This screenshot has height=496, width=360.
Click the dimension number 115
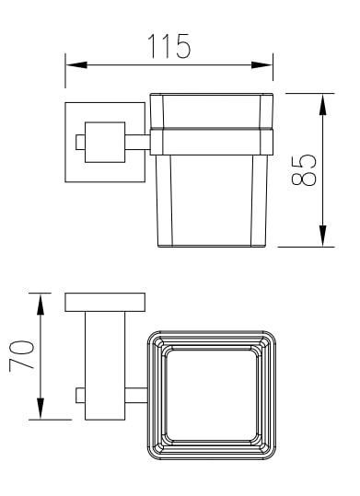(169, 46)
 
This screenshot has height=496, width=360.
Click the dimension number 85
(303, 170)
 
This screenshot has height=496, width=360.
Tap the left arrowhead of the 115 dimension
(76, 64)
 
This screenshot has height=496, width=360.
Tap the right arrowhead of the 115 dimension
(261, 64)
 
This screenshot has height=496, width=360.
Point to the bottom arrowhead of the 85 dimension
(322, 236)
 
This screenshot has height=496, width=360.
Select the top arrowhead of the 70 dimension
(41, 305)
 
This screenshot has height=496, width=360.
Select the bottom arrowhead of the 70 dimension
(41, 409)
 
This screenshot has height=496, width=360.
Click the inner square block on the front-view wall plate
(105, 142)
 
